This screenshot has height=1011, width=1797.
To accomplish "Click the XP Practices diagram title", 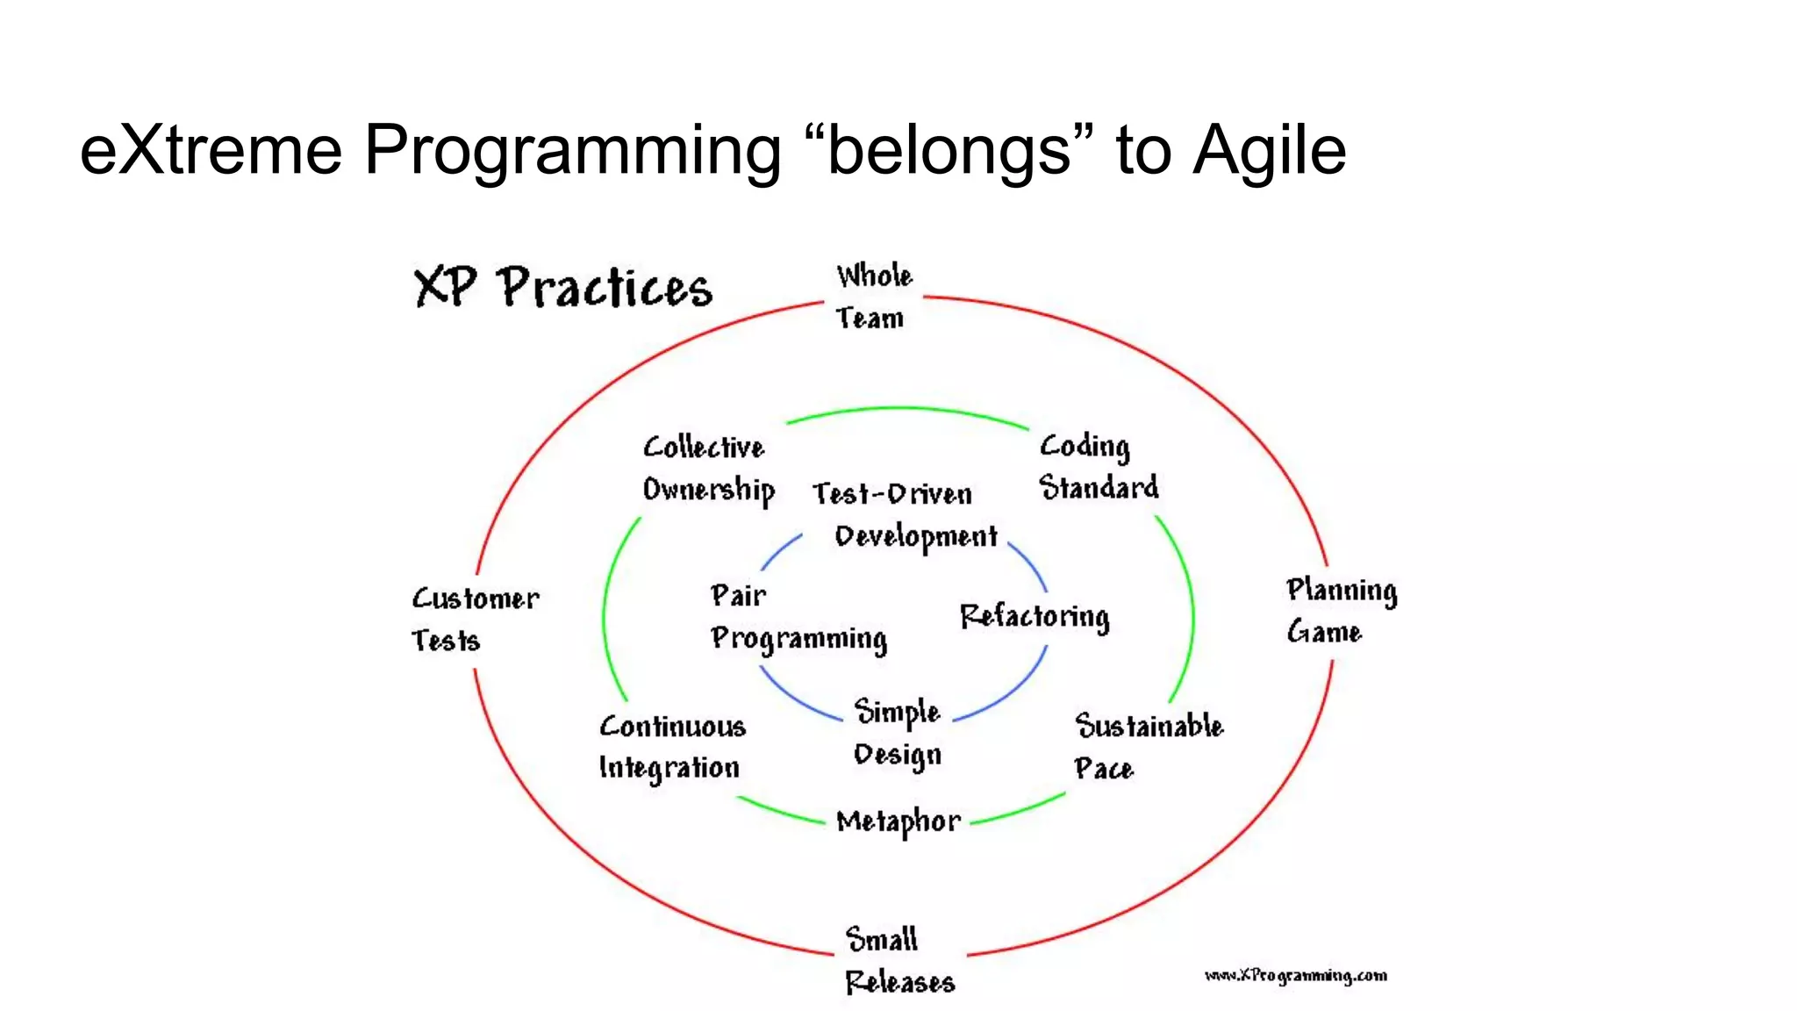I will pyautogui.click(x=562, y=287).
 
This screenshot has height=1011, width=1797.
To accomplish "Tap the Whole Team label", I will pyautogui.click(x=872, y=297).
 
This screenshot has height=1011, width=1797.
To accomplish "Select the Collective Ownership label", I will pyautogui.click(x=707, y=469).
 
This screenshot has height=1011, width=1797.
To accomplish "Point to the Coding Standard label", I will pyautogui.click(x=1098, y=467).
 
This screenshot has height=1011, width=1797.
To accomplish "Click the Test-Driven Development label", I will pyautogui.click(x=904, y=515).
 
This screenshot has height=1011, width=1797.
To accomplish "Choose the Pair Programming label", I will pyautogui.click(x=797, y=618).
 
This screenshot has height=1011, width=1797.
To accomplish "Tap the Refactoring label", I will pyautogui.click(x=1035, y=616).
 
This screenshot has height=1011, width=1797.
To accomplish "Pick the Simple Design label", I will pyautogui.click(x=897, y=734).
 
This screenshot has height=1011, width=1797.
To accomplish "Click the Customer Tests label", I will pyautogui.click(x=475, y=620).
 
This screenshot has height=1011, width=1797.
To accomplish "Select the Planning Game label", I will pyautogui.click(x=1341, y=611).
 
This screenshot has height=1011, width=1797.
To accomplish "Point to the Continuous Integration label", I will pyautogui.click(x=672, y=747).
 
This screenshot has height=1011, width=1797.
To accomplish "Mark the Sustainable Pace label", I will pyautogui.click(x=1148, y=747).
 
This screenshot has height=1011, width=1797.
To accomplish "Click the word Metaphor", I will pyautogui.click(x=898, y=822).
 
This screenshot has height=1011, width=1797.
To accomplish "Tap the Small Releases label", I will pyautogui.click(x=898, y=960).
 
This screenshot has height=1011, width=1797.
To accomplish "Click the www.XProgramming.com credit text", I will pyautogui.click(x=1295, y=976).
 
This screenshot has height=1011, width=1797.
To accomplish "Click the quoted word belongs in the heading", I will pyautogui.click(x=949, y=150).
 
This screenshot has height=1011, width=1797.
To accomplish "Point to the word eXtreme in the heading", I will pyautogui.click(x=211, y=150).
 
